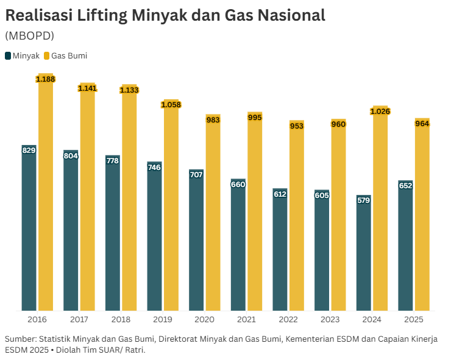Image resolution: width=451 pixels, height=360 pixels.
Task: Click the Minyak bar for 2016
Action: pyautogui.click(x=29, y=231)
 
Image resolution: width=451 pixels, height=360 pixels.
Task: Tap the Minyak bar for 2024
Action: pyautogui.click(x=364, y=256)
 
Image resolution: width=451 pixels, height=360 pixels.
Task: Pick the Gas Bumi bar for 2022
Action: pyautogui.click(x=297, y=219)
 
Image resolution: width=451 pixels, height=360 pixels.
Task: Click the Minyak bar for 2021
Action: pyautogui.click(x=238, y=247)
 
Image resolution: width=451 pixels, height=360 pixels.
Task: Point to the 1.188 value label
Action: pyautogui.click(x=46, y=79)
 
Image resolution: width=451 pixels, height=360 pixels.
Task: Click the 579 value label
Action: pyautogui.click(x=364, y=200)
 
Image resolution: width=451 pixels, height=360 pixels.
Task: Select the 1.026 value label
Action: pyautogui.click(x=380, y=111)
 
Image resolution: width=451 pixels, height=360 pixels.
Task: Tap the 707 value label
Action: pyautogui.click(x=196, y=175)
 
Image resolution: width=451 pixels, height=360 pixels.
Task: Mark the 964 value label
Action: pyautogui.click(x=422, y=124)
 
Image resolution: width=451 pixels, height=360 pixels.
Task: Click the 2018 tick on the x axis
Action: pyautogui.click(x=121, y=319)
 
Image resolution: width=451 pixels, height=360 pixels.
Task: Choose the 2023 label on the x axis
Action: pyautogui.click(x=330, y=319)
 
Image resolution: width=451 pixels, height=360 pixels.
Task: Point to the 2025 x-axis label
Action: pyautogui.click(x=414, y=319)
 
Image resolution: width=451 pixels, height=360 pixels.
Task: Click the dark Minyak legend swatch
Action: pyautogui.click(x=8, y=55)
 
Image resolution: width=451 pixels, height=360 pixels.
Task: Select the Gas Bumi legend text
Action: pyautogui.click(x=69, y=55)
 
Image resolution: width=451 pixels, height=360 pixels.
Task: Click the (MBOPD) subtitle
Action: pyautogui.click(x=29, y=35)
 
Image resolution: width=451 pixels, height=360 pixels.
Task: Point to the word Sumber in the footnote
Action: pyautogui.click(x=20, y=338)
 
